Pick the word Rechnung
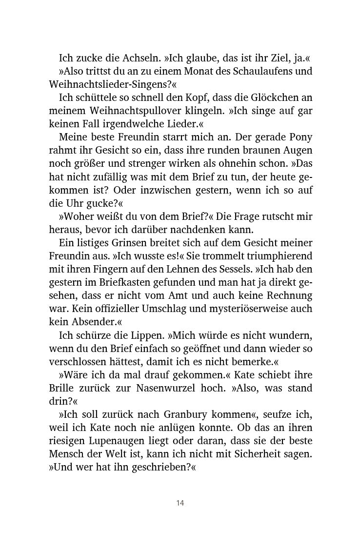click(x=288, y=295)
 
